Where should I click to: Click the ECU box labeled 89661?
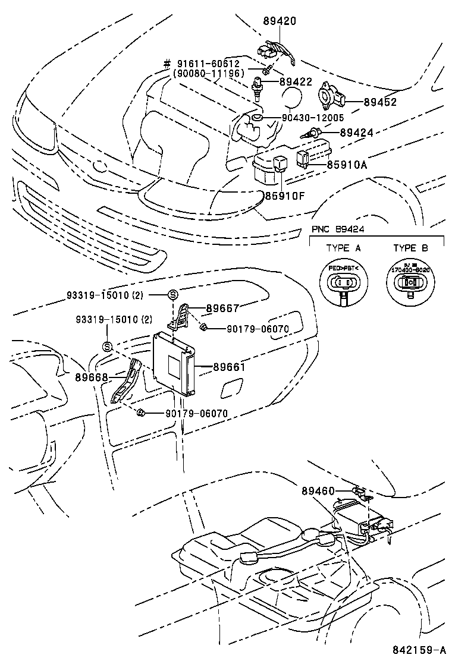[174, 363]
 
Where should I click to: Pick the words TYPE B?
[410, 248]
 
